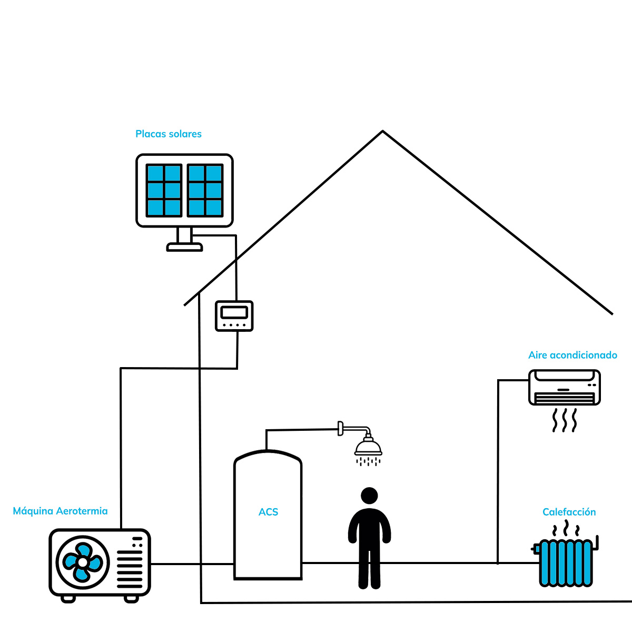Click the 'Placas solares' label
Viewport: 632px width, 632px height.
168,134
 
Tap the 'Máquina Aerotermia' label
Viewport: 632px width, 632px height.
60,511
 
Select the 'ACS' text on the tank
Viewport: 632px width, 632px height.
268,512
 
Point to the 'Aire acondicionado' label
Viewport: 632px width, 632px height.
572,355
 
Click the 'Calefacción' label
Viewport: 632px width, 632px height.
569,511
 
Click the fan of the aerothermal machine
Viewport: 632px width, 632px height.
83,562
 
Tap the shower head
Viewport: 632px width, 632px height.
368,446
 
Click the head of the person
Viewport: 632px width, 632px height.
369,496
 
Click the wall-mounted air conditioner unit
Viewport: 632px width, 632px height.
565,387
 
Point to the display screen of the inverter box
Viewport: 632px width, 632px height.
234,312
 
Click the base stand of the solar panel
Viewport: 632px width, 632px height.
184,246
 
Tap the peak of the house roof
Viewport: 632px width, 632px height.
382,131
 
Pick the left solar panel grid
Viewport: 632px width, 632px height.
164,191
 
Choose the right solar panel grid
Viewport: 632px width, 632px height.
205,191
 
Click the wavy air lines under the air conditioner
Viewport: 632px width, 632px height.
564,420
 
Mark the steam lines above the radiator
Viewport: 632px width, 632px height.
566,529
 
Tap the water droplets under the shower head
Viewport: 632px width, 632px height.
368,462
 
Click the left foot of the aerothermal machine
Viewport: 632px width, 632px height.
68,599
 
